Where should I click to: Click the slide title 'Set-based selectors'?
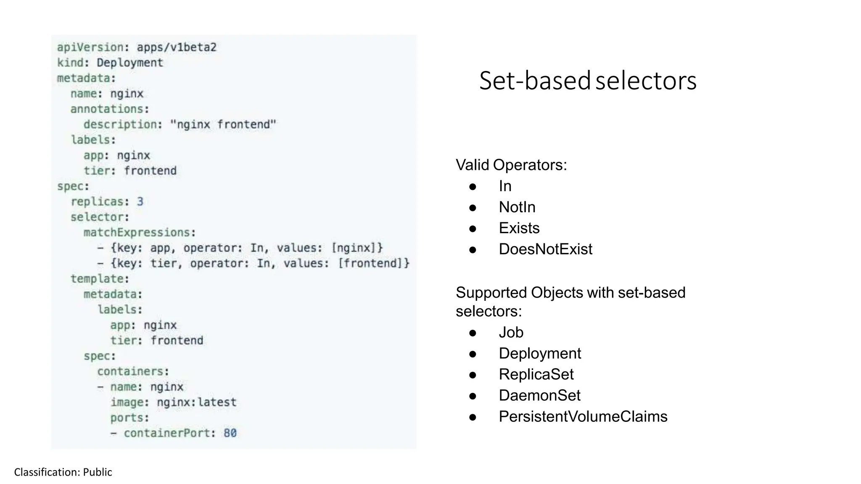coord(588,81)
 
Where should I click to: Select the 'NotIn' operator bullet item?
coord(517,207)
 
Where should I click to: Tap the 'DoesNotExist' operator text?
coord(545,249)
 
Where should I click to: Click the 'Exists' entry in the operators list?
coord(519,228)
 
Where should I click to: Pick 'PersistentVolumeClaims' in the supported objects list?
coord(583,416)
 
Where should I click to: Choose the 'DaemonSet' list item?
coord(539,395)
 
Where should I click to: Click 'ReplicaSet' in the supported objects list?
coord(536,374)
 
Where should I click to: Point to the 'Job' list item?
coord(511,332)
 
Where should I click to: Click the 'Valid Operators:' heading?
coord(511,165)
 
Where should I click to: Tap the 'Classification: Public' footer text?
coord(63,472)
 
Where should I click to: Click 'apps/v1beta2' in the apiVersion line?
coord(177,47)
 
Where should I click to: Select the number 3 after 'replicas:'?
coord(140,202)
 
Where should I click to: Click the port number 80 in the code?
coord(230,433)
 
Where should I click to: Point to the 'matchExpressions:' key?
coord(140,232)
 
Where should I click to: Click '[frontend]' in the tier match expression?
coord(373,263)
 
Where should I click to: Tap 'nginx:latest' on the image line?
coord(196,402)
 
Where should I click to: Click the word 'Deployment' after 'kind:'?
coord(129,63)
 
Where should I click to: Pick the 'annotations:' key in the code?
coord(110,109)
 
